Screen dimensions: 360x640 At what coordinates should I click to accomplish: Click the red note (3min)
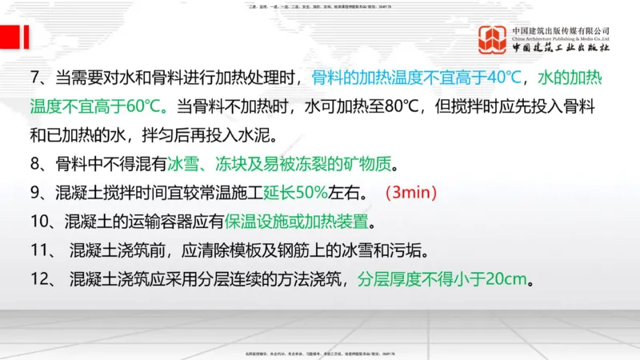411,192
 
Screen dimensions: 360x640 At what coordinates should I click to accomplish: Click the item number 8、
41,165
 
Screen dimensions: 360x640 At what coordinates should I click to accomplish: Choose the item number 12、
45,280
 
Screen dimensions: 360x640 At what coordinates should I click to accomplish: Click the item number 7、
41,78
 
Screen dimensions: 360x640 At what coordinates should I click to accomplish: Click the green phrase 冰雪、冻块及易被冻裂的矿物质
282,165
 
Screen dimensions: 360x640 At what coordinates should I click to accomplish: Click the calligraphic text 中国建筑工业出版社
561,48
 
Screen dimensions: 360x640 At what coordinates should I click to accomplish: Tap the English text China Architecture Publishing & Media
561,37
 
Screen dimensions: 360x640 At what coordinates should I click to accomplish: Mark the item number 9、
41,192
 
